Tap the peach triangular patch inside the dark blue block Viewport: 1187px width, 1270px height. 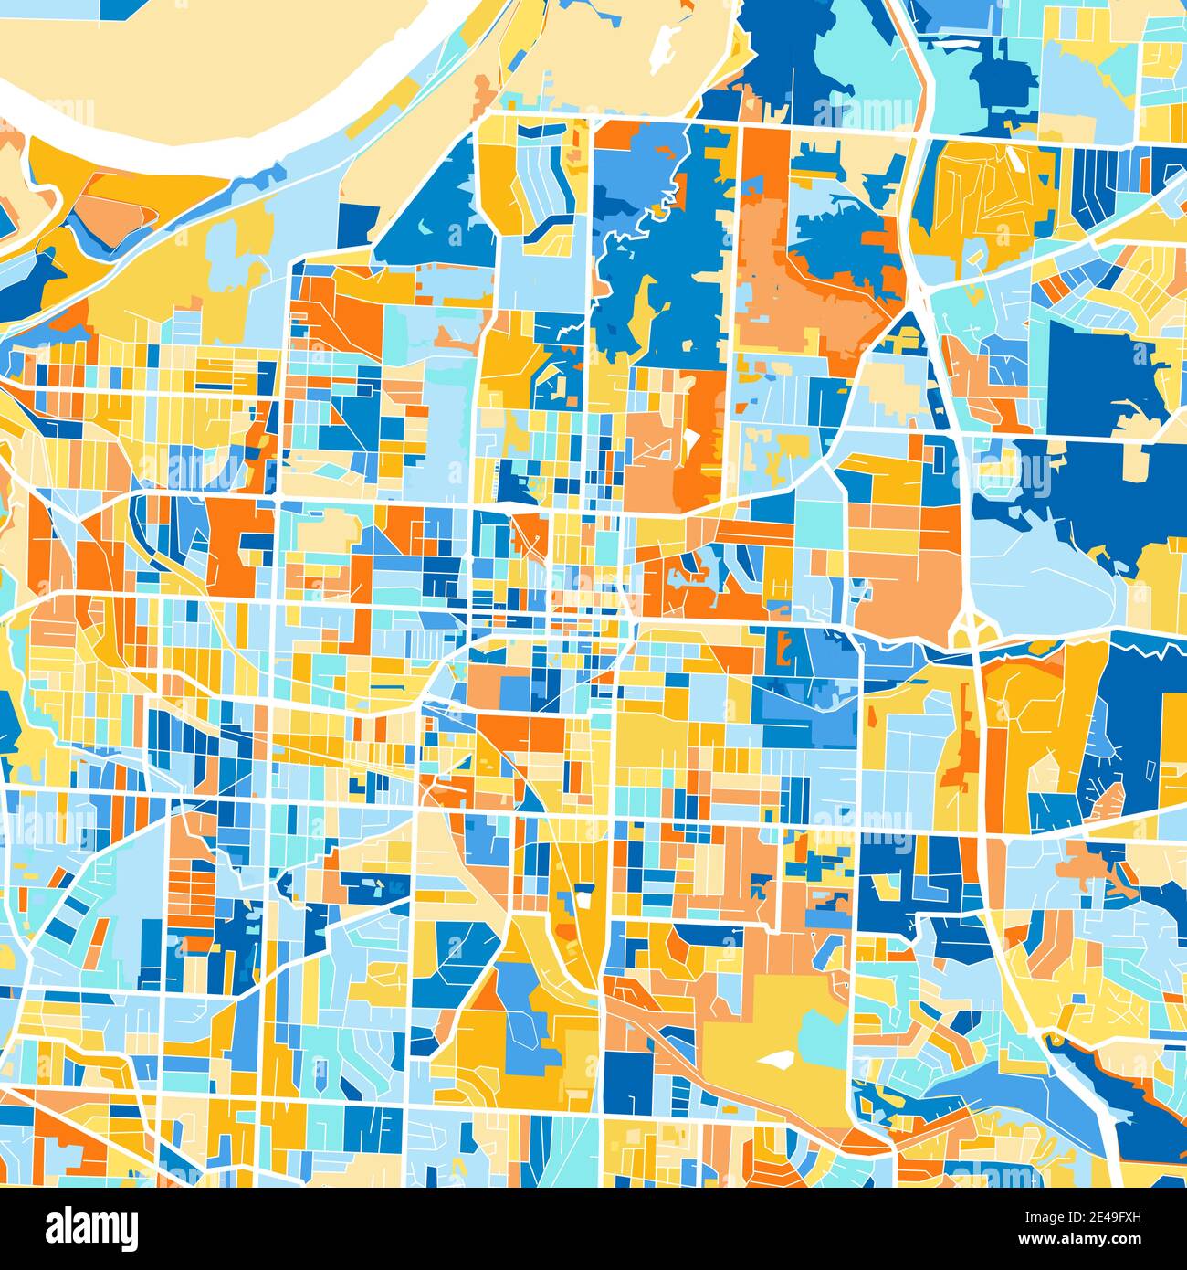coord(1109,804)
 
